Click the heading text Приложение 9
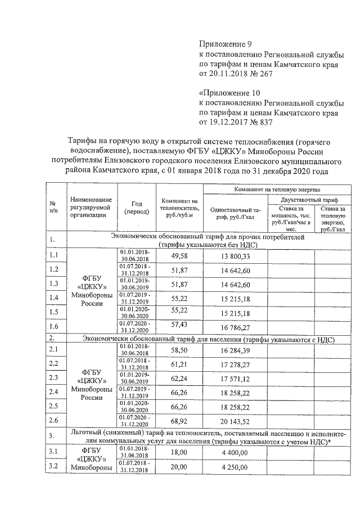(223, 44)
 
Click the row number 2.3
(55, 377)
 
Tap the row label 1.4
(55, 298)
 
